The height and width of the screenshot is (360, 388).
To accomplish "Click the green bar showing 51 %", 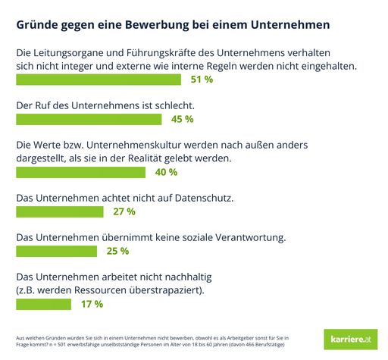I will pos(98,80).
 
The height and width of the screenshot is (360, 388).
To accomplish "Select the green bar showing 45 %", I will pos(88,119).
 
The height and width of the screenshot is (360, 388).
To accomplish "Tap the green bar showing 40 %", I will pos(80,172).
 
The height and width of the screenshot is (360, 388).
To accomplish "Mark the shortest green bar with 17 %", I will pos(43,304).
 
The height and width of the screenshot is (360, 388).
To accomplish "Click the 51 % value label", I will pos(200,80).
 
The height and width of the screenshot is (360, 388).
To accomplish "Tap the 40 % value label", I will pos(165,172).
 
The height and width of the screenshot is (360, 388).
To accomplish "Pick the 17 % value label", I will pos(91,304).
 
